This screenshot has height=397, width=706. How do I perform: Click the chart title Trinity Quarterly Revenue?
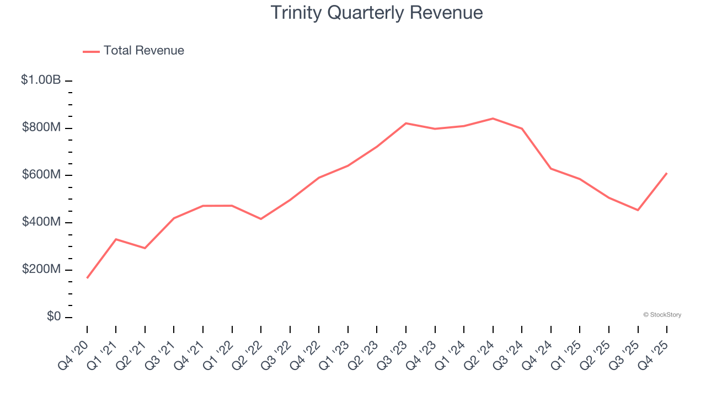click(377, 13)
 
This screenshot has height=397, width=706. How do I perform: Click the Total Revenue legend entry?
click(134, 51)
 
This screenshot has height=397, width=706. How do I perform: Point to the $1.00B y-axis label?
click(41, 80)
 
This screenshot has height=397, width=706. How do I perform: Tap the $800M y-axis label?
click(41, 127)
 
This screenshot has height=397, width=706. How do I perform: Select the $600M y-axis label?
click(41, 174)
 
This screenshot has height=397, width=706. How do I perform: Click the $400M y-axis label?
click(41, 222)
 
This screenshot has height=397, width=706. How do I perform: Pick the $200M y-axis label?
click(41, 269)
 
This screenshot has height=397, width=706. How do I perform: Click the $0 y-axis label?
click(54, 316)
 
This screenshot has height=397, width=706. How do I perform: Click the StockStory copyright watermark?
click(662, 315)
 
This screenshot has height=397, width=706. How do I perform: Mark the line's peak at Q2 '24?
click(493, 119)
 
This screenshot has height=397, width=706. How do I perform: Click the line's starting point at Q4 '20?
click(87, 278)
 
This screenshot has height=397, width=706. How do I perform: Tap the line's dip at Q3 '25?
click(638, 210)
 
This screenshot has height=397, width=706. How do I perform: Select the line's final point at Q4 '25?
click(666, 173)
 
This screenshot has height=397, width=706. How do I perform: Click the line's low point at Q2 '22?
click(261, 219)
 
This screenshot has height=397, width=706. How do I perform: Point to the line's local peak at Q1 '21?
click(116, 239)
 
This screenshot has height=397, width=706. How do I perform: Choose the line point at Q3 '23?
click(406, 123)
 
